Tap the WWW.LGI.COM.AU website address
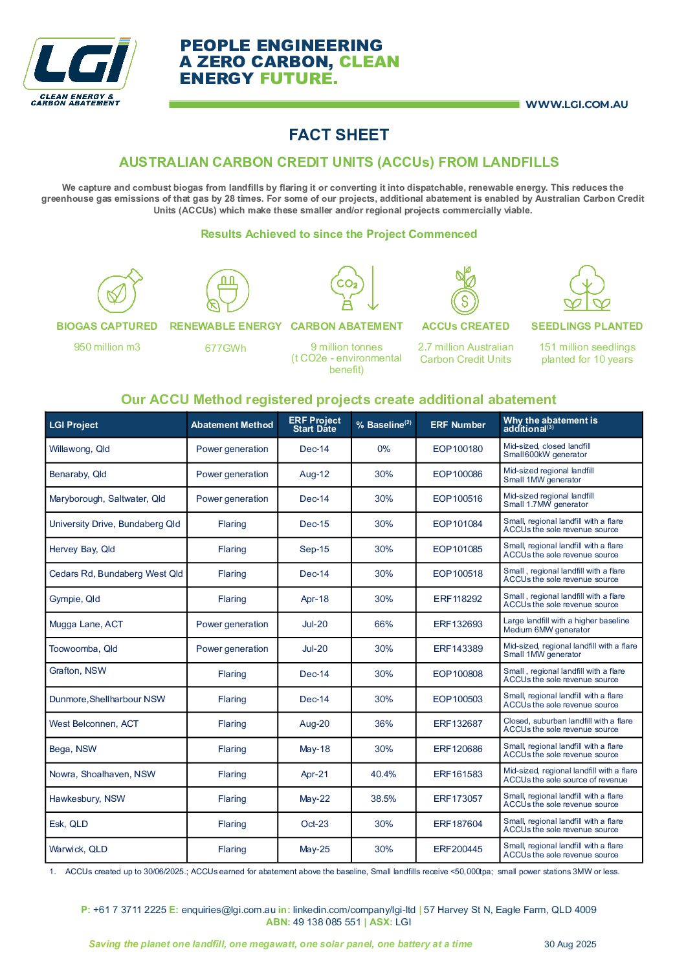coord(576,105)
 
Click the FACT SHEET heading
coord(338,135)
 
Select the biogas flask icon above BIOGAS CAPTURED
coord(119,291)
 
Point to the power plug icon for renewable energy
coord(226,291)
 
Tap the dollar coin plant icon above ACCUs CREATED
coord(465,291)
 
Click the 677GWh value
coord(225,349)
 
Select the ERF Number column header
coord(458,425)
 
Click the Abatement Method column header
coord(232,425)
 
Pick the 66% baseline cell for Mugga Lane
coord(384,625)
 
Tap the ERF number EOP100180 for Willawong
coord(458,449)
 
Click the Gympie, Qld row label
coord(75,599)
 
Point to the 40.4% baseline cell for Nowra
coord(384,775)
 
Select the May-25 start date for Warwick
coord(315,850)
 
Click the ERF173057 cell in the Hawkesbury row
coord(458,799)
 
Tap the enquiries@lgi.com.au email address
coord(228,910)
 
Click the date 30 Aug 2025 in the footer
coord(570,945)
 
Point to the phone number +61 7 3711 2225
coord(129,910)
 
